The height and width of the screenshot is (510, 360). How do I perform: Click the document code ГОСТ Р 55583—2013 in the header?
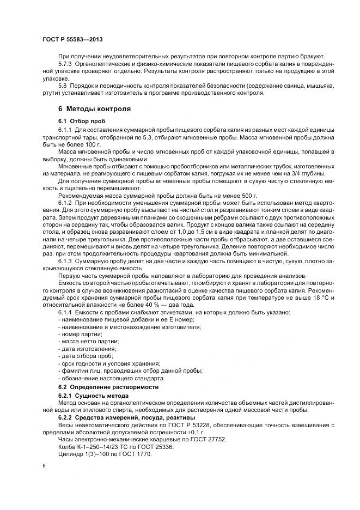pos(72,40)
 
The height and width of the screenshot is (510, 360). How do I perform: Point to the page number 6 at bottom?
pos(44,466)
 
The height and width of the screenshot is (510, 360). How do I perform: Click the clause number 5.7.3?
pos(66,64)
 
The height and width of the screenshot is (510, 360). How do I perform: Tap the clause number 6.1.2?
pos(66,202)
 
